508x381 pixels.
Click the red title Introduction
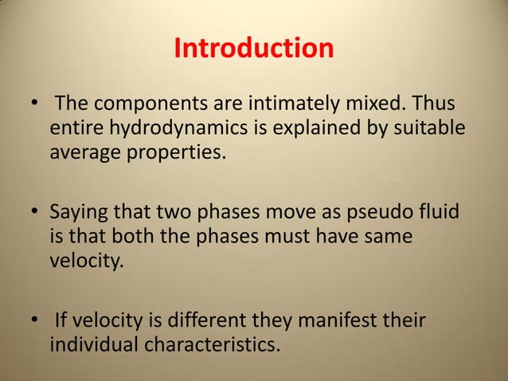point(253,49)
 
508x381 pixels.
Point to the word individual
point(94,347)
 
